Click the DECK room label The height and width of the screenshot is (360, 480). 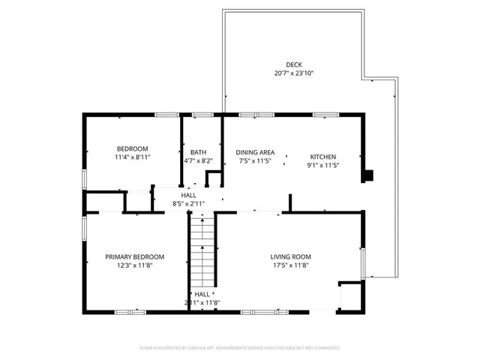click(x=293, y=64)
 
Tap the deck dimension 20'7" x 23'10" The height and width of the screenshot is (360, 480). click(x=293, y=73)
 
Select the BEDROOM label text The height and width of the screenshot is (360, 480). click(x=131, y=148)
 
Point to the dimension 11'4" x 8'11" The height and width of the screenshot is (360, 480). click(x=131, y=158)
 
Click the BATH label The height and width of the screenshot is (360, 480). click(x=198, y=151)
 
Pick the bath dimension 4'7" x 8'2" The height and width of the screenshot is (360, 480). click(x=198, y=160)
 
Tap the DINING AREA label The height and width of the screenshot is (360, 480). click(x=254, y=151)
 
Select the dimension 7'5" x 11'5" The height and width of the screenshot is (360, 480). click(x=254, y=160)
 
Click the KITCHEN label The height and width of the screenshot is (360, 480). click(x=324, y=157)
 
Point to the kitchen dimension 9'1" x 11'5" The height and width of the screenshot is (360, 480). click(x=324, y=166)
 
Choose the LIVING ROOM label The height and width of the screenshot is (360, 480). click(x=290, y=257)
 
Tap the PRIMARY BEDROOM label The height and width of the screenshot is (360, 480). click(x=134, y=257)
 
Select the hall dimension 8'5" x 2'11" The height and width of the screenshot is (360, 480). click(x=188, y=203)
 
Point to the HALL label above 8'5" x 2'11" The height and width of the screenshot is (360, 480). click(x=188, y=195)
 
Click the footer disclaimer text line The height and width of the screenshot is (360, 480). click(x=240, y=348)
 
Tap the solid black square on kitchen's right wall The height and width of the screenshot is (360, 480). click(x=367, y=177)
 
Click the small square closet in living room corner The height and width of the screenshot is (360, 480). click(x=350, y=295)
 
